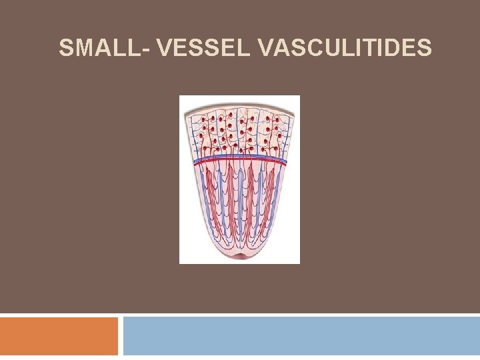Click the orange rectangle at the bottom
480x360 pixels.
[x=59, y=336]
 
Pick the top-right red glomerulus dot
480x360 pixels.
[x=277, y=118]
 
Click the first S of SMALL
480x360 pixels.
[x=65, y=49]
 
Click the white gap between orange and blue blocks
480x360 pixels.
[x=121, y=336]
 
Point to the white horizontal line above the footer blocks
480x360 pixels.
[x=240, y=315]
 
